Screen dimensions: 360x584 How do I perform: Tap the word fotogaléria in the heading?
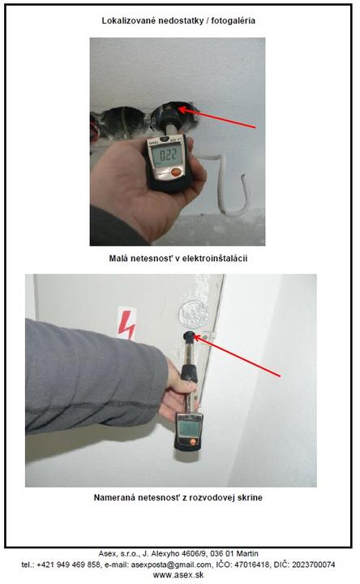(x=233, y=20)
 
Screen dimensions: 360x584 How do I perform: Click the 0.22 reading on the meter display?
(x=168, y=154)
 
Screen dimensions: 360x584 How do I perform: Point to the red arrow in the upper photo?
(x=217, y=118)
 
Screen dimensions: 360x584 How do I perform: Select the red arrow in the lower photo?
(x=237, y=356)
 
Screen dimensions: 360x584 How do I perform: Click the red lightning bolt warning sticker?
(x=126, y=324)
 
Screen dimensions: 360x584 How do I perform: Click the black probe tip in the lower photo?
(x=189, y=337)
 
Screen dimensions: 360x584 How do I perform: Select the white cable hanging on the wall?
(x=229, y=183)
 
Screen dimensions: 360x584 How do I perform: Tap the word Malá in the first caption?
(x=118, y=258)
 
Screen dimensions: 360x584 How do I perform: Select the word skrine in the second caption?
(x=251, y=497)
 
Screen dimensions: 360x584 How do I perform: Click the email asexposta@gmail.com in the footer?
(x=171, y=565)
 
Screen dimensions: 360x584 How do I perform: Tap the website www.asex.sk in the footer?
(x=178, y=575)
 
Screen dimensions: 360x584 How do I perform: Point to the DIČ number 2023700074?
(x=314, y=565)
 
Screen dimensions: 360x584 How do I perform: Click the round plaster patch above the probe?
(x=193, y=313)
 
